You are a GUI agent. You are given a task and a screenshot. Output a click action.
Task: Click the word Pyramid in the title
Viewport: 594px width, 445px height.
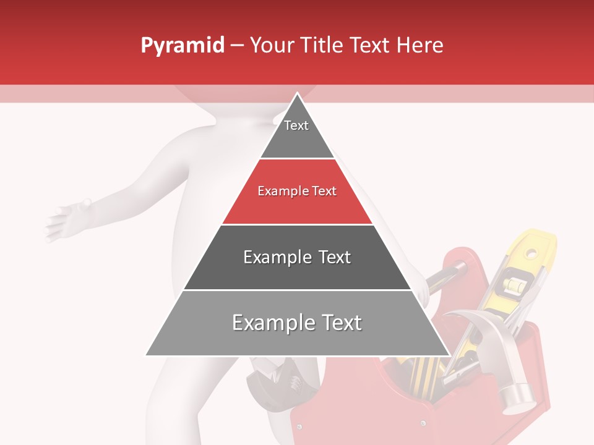pos(183,46)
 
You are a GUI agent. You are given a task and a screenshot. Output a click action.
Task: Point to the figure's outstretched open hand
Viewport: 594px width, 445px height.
pos(65,219)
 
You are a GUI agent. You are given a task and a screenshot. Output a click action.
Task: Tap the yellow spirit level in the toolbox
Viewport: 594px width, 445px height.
pos(520,272)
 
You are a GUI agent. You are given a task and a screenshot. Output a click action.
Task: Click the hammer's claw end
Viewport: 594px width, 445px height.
pos(458,318)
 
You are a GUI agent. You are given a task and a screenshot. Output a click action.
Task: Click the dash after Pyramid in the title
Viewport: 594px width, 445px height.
pos(237,46)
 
